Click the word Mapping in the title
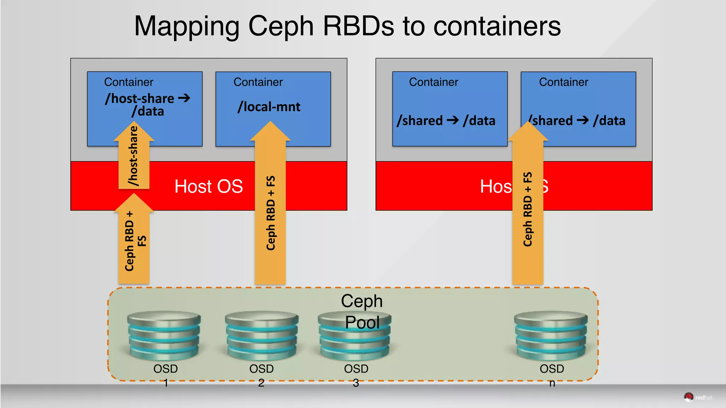pos(187,27)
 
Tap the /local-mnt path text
pos(269,107)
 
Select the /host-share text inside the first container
pos(140,99)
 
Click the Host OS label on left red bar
pos(208,187)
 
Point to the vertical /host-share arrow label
pos(133,156)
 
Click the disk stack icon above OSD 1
pos(164,336)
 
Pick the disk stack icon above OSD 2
pos(262,336)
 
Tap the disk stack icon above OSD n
pos(551,336)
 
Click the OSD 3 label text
pos(356,375)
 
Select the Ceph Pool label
pos(362,311)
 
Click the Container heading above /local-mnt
pos(258,82)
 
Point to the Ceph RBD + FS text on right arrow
pos(527,209)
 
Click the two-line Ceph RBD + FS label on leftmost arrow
pos(135,241)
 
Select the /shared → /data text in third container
pos(446,121)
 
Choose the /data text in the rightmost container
pos(609,121)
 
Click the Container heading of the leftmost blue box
pos(129,82)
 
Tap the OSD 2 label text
pos(261,375)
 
